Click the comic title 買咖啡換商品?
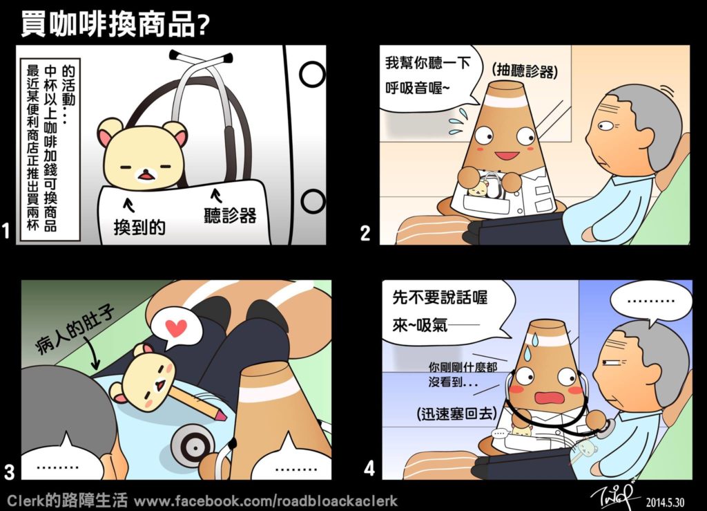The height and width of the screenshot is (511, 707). (115, 24)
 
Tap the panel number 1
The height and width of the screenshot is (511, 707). (6, 231)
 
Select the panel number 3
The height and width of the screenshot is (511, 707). (9, 472)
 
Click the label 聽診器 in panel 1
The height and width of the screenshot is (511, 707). (230, 215)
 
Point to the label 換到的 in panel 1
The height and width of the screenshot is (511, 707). (139, 227)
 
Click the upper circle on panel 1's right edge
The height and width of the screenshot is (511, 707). (312, 74)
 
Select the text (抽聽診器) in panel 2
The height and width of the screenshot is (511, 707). (525, 71)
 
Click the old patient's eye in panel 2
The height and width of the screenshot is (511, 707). (605, 125)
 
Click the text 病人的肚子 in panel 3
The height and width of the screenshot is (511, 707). (75, 330)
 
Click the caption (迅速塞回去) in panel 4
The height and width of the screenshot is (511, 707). (456, 413)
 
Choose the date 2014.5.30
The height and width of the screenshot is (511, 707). (665, 502)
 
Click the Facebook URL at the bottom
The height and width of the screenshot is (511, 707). (266, 501)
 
